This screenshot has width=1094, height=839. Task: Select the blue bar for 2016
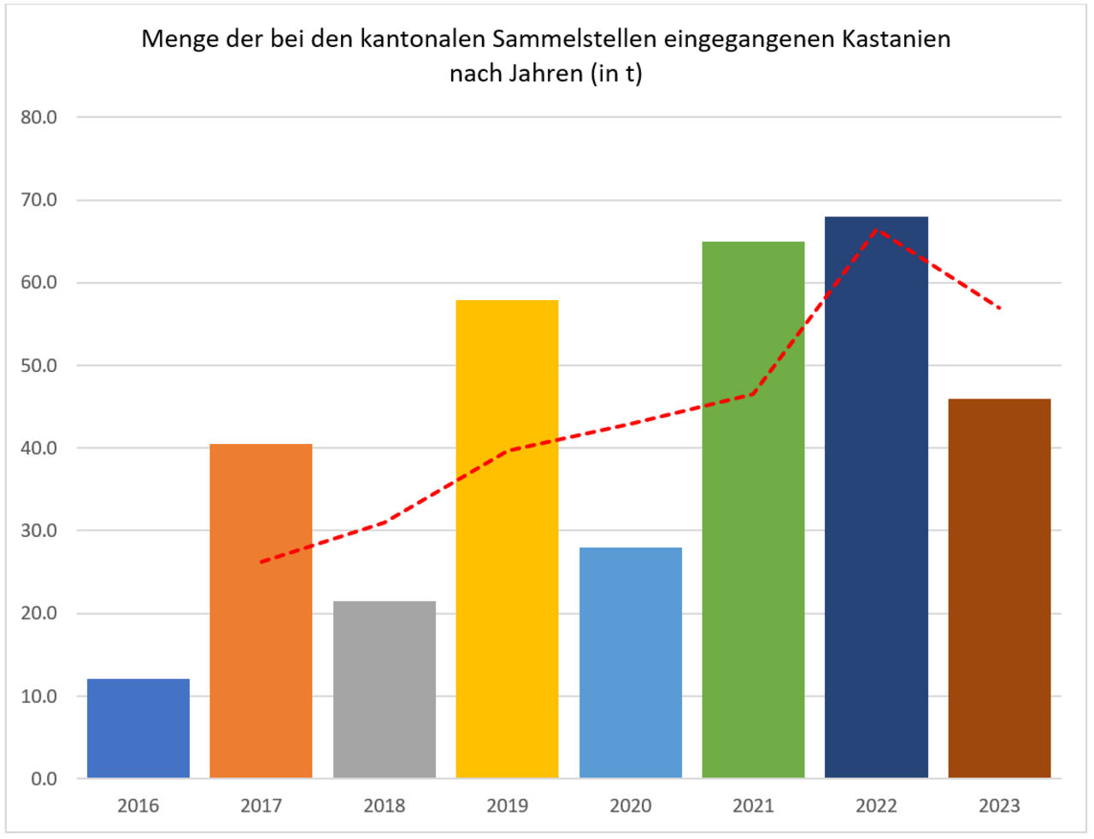pos(138,728)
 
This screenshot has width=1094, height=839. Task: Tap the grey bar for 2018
pos(384,689)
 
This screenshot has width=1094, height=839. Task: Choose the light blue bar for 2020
pos(631,663)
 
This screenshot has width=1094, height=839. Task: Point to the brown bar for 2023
pos(999,588)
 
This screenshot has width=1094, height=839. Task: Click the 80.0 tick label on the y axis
pos(39,117)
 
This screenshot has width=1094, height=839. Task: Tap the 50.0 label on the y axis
pos(39,365)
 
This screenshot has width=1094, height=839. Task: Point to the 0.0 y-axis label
pos(44,779)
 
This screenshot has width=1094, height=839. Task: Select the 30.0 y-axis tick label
pos(39,530)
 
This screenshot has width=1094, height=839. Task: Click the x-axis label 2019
pos(507,806)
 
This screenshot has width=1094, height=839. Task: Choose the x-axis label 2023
pos(999,806)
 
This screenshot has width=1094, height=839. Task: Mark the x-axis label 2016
pos(138,806)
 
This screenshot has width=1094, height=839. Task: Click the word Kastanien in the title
pos(896,39)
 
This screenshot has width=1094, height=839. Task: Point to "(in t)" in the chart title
pos(615,74)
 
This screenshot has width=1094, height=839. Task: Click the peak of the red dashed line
pos(876,228)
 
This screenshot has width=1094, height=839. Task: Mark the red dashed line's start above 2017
pos(261,562)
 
